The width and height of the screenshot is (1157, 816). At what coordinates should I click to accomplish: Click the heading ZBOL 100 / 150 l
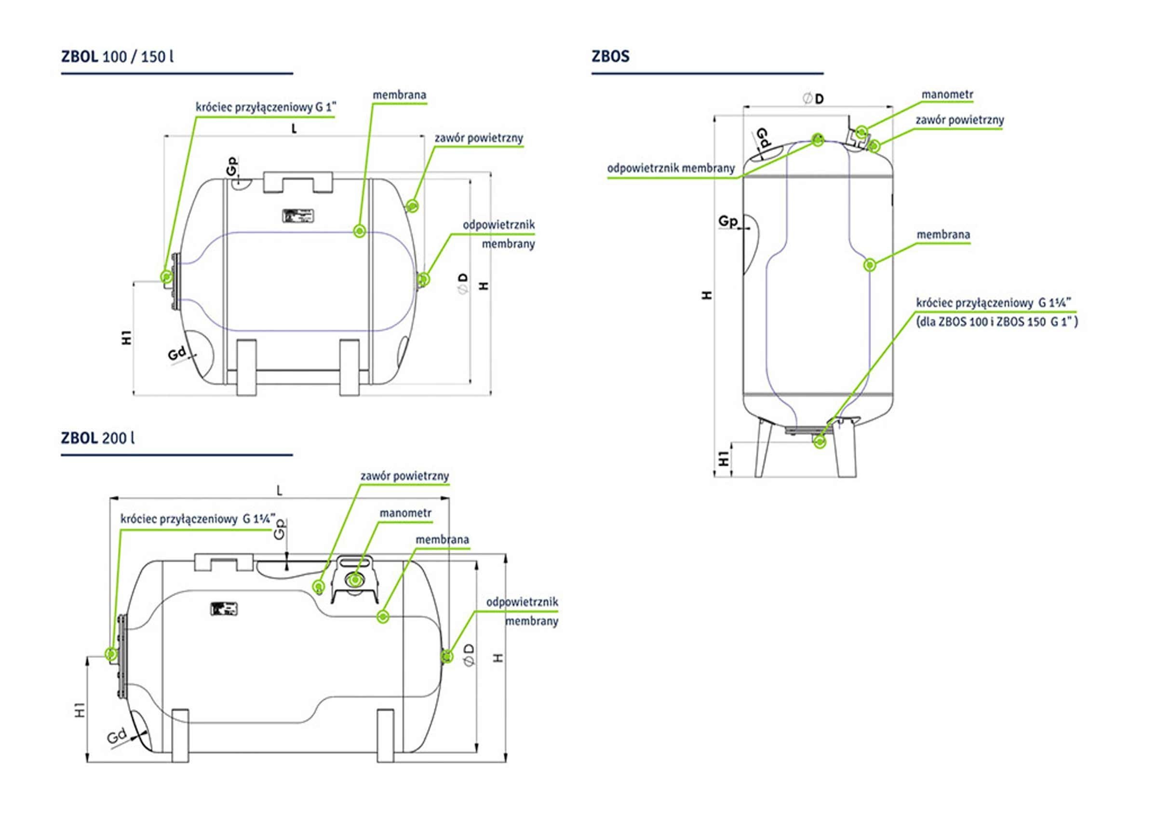117,56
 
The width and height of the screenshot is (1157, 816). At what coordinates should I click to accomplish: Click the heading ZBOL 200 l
98,437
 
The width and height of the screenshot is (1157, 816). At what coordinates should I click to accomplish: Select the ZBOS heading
610,56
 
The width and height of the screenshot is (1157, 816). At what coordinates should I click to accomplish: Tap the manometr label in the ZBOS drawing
947,94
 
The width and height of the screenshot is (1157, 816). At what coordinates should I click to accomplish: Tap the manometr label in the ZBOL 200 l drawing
405,513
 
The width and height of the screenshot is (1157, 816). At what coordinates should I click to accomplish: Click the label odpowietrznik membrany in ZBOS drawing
671,168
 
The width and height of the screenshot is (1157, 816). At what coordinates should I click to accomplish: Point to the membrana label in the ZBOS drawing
943,234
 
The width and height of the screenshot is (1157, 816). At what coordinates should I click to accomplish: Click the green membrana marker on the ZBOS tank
869,265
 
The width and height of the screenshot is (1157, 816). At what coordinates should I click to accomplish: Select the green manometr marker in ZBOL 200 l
355,580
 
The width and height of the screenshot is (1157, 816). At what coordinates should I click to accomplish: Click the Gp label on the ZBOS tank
727,221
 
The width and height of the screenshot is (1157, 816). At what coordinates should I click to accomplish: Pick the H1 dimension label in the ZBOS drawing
724,459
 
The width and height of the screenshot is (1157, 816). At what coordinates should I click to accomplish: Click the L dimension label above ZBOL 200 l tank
279,490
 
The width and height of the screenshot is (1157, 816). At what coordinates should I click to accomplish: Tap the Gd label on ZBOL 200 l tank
116,737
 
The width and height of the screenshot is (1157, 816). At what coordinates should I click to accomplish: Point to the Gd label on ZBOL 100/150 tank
177,354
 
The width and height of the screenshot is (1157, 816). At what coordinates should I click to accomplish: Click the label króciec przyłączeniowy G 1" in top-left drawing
266,108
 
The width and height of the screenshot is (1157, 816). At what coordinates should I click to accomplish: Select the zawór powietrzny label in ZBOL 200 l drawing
404,476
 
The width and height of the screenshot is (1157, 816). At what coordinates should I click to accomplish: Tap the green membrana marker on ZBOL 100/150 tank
359,231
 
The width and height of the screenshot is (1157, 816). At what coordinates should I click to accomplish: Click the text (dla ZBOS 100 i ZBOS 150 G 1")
996,322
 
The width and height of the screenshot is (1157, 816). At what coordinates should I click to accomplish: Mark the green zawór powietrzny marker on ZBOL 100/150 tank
413,205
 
